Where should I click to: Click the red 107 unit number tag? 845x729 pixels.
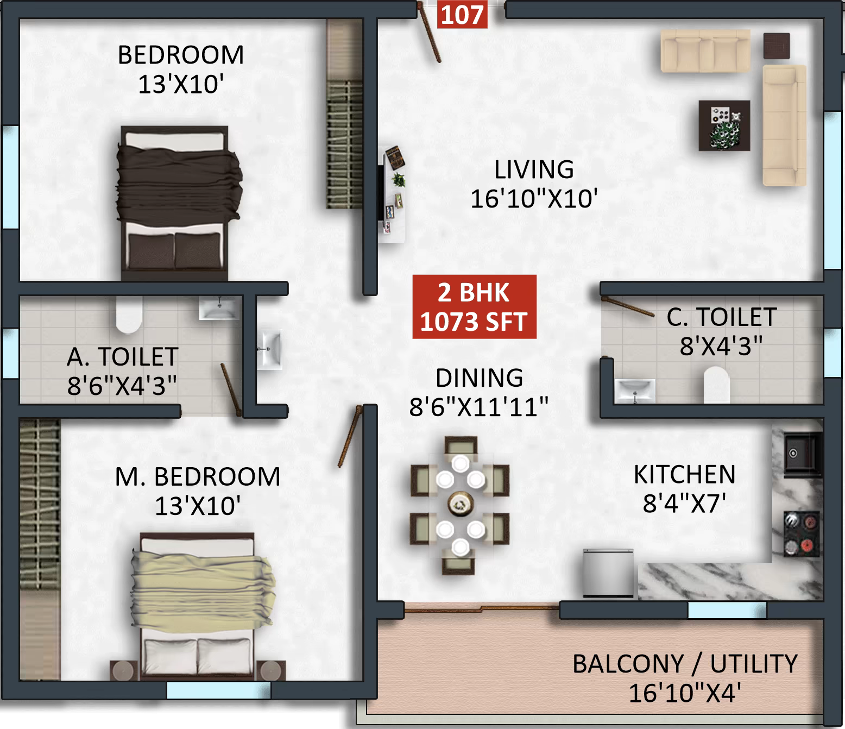[x=462, y=15]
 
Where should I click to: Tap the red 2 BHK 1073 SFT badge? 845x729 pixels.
[x=474, y=307]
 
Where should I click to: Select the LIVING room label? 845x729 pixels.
[x=534, y=170]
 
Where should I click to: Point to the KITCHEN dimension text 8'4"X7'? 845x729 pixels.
[x=684, y=504]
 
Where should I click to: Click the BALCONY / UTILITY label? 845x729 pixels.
[x=685, y=664]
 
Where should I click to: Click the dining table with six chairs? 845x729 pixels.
[x=460, y=504]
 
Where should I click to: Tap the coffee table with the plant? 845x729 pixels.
[x=724, y=125]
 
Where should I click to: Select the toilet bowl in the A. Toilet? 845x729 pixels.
[x=129, y=315]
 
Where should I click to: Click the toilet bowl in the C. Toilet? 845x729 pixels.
[x=715, y=384]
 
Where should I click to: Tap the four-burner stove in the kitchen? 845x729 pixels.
[x=801, y=535]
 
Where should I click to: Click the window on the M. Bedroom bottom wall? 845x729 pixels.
[x=218, y=690]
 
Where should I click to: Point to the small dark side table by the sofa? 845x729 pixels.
[x=776, y=45]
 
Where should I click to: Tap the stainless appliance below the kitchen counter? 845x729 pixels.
[x=608, y=574]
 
